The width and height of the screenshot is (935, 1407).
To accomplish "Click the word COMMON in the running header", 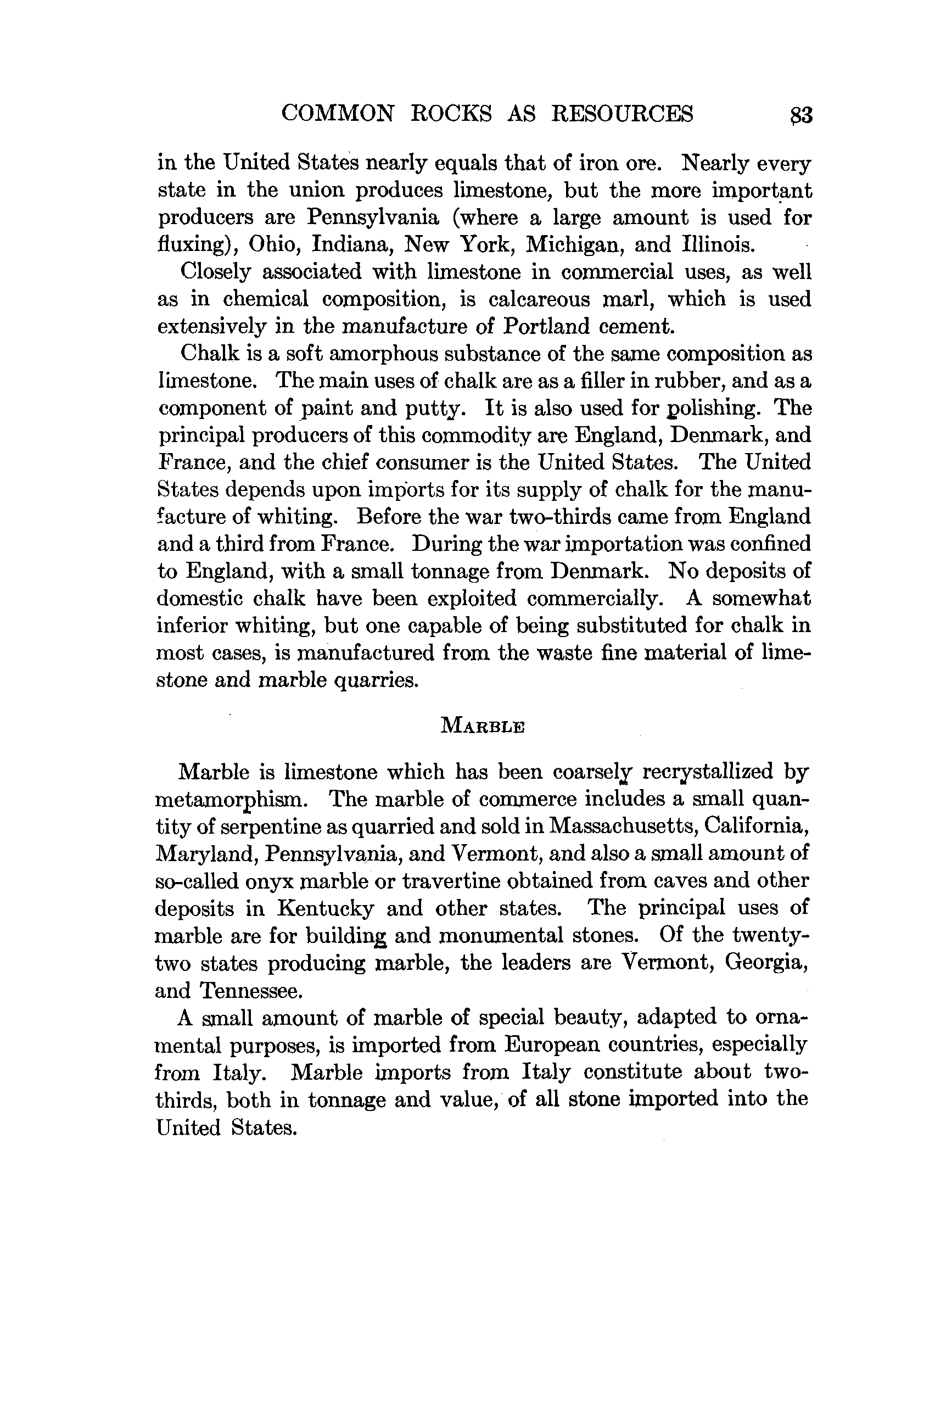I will coord(338,113).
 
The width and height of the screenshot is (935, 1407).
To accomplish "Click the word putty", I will coord(433,409).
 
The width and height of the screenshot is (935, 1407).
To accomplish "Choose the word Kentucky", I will coord(325,908).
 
